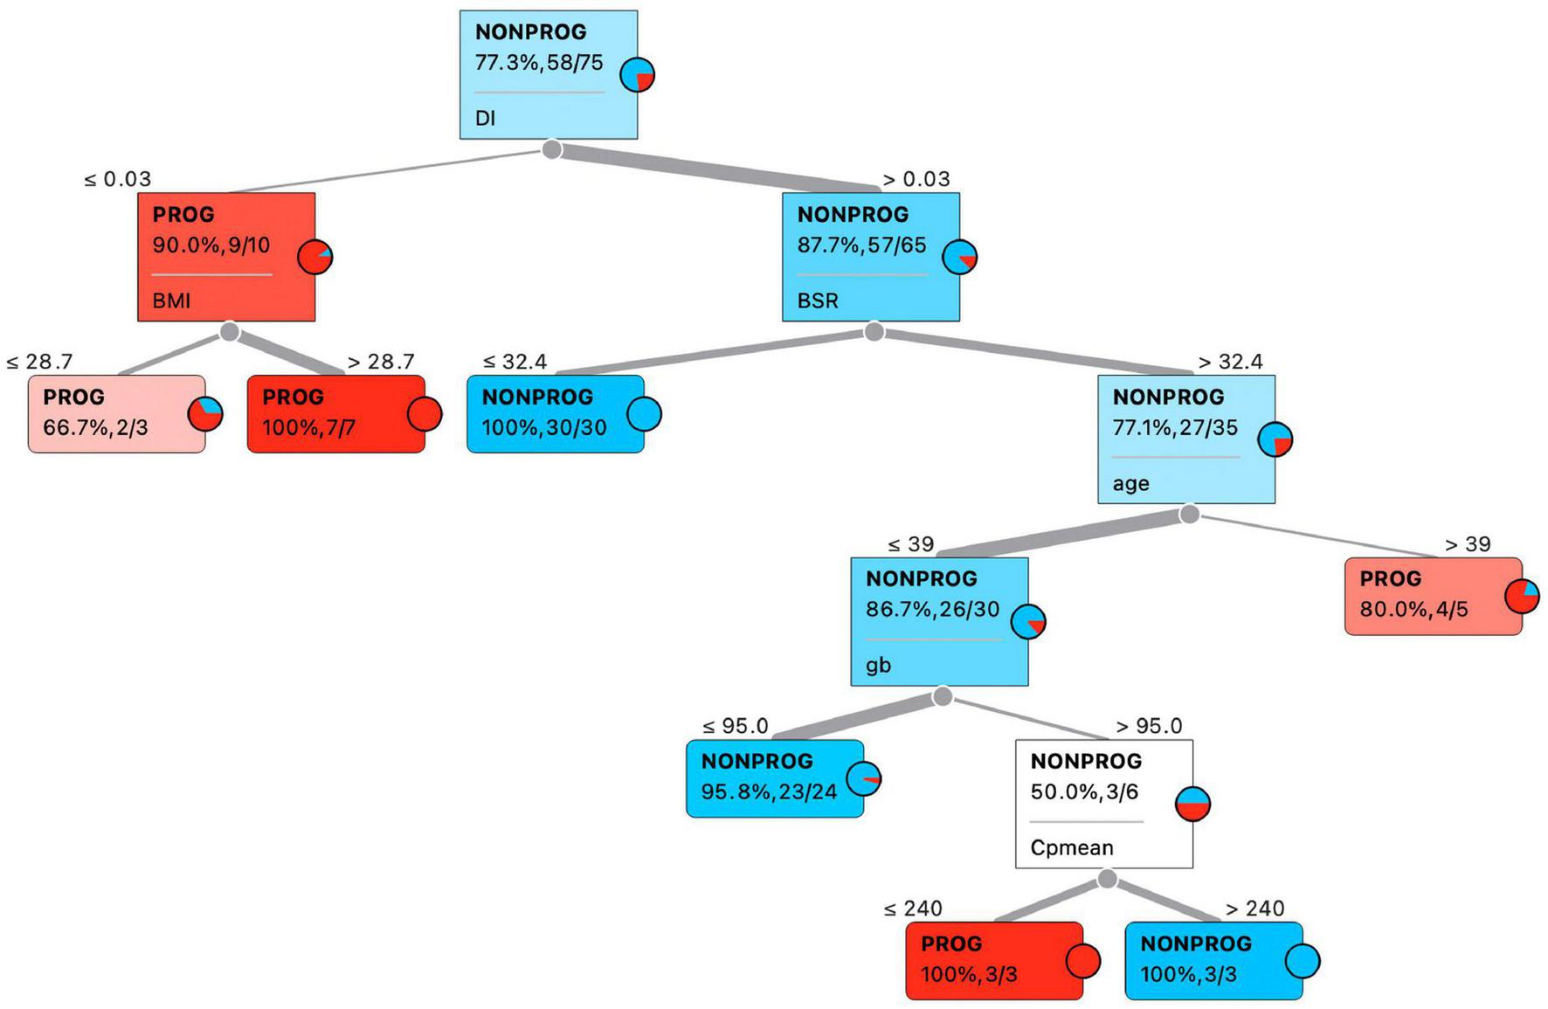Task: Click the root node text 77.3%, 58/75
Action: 539,63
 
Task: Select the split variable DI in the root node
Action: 486,118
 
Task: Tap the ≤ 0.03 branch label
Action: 117,179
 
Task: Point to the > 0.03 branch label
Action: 916,179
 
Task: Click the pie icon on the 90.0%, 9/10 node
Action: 315,257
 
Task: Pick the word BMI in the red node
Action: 171,301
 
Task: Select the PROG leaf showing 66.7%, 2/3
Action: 116,414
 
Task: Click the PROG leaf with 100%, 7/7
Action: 335,414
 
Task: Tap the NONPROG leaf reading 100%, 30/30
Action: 555,414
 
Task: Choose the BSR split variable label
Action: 818,301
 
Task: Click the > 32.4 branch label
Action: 1230,362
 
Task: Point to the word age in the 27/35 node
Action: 1130,483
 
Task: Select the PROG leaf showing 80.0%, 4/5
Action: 1433,596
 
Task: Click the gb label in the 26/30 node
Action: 878,666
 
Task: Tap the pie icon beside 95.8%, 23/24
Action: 864,778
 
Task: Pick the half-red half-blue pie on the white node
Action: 1193,804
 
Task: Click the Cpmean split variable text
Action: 1071,848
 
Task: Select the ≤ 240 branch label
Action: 913,909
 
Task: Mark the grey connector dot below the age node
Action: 1189,514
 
